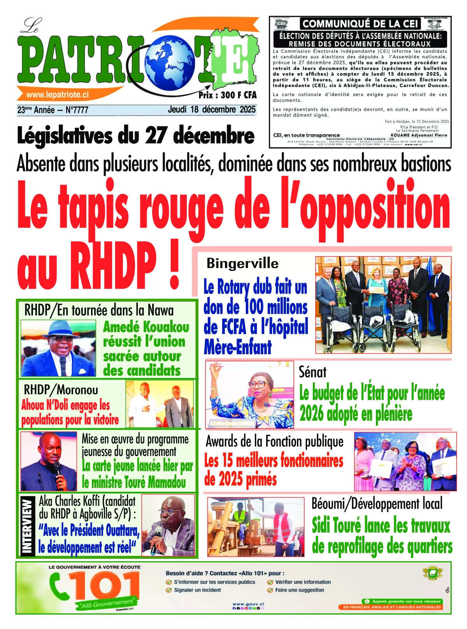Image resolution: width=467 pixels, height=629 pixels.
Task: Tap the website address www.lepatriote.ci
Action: tap(57, 95)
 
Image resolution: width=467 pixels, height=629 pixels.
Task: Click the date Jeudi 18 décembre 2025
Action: tap(211, 110)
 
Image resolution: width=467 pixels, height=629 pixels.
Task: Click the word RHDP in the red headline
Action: tap(113, 265)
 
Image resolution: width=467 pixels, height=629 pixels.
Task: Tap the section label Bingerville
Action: tap(242, 263)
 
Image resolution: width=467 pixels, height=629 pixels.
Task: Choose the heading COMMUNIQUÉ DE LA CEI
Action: tap(360, 24)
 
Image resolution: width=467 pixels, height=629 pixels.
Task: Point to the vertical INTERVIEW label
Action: tap(26, 526)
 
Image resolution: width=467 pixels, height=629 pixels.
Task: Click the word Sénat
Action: tap(313, 372)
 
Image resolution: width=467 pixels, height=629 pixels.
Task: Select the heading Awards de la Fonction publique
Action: tap(274, 442)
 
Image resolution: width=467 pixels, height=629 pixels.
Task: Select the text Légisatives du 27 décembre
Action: tap(135, 136)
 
